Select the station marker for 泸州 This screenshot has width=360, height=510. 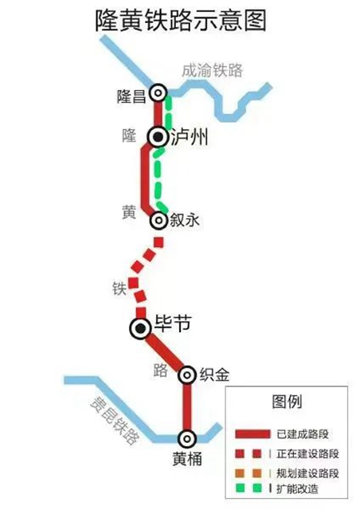158,137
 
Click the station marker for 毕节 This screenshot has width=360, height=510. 141,327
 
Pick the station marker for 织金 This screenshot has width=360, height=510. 187,374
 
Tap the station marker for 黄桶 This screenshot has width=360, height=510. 187,437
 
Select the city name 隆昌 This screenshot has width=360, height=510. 131,96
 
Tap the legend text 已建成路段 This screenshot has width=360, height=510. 303,433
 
